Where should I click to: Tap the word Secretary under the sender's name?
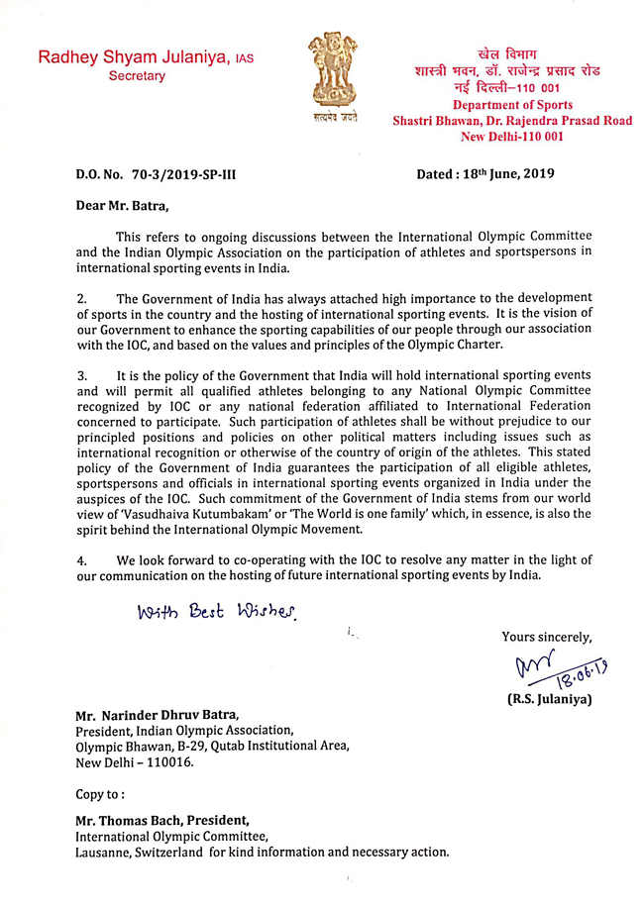coord(137,76)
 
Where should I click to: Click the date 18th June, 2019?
coord(510,173)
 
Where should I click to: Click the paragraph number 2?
coord(81,298)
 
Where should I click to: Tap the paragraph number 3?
coord(81,375)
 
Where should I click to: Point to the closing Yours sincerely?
coord(547,637)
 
